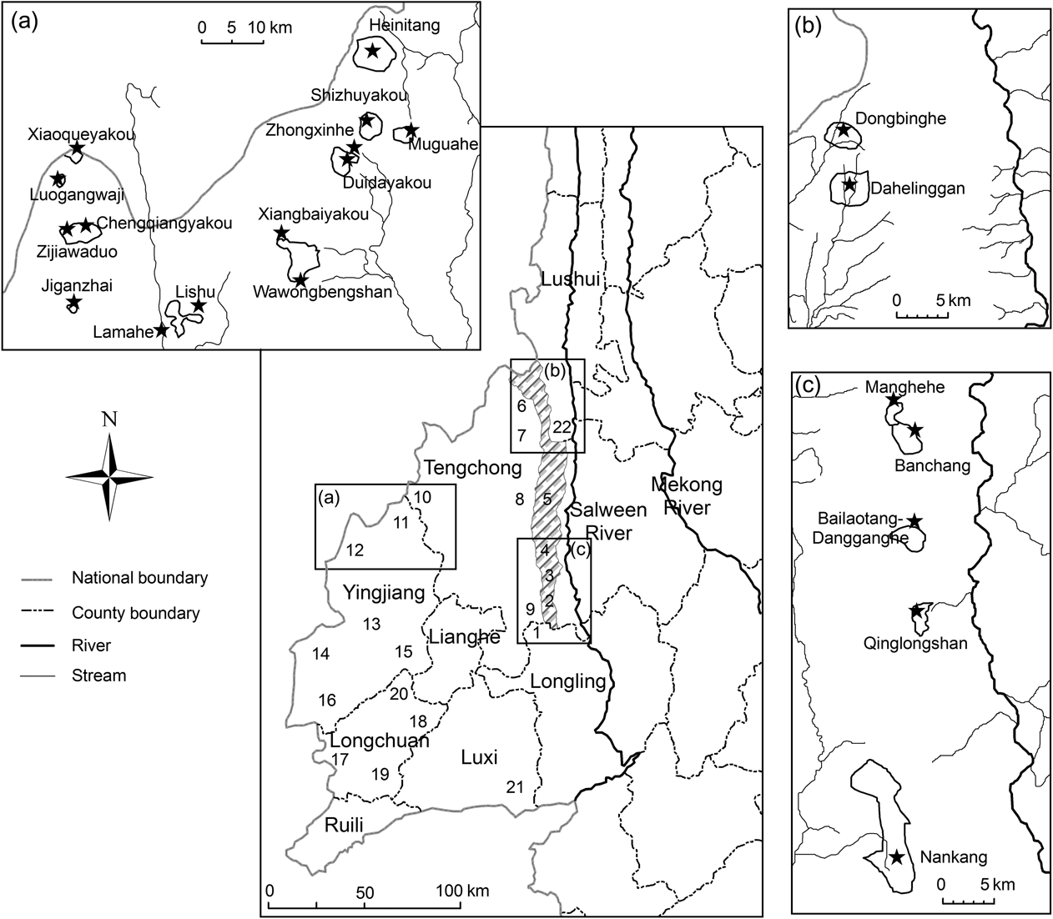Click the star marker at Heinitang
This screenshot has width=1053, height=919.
[x=372, y=51]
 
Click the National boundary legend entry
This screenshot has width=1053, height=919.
[x=139, y=577]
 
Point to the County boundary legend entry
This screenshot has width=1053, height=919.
[x=136, y=613]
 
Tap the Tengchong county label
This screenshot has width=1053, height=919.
[x=472, y=467]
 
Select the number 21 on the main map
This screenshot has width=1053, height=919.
[x=515, y=786]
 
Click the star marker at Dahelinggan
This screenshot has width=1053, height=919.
[x=849, y=184]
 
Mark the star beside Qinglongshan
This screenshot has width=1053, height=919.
[x=916, y=611]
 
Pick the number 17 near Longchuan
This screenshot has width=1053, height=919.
[x=340, y=760]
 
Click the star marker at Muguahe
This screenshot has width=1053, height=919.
[x=411, y=130]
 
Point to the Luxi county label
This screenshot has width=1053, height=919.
[x=479, y=757]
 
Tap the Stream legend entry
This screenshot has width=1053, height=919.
[x=99, y=675]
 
